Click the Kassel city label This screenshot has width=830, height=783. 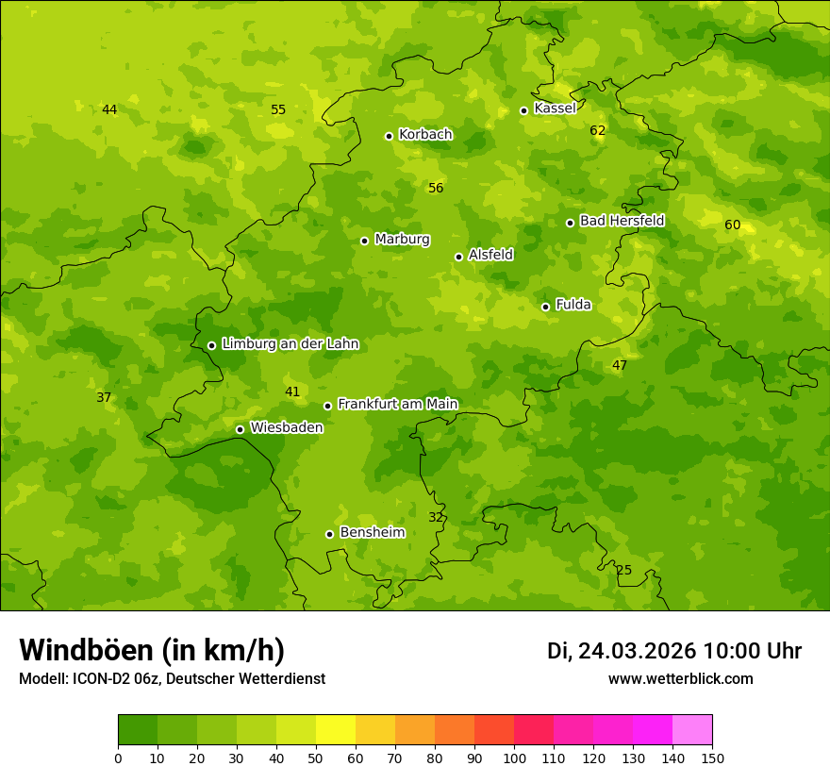[555, 108]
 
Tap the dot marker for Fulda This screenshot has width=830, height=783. [545, 307]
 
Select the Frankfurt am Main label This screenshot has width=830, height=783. [397, 405]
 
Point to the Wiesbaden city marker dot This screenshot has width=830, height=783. [240, 429]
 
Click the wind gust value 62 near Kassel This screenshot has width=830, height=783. [597, 130]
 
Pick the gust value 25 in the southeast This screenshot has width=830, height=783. [623, 570]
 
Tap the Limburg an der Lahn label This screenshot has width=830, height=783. [290, 344]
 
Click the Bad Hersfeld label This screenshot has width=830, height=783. [622, 221]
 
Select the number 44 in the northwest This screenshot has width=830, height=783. [109, 109]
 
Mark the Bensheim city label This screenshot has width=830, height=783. [372, 532]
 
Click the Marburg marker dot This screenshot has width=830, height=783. [364, 241]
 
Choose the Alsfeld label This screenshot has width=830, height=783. [490, 255]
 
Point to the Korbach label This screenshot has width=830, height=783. [425, 135]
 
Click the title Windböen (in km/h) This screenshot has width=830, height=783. [152, 650]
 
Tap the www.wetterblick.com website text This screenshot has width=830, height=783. [680, 678]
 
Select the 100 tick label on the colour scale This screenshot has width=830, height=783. [514, 758]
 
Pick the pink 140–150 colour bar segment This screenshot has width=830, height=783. [692, 730]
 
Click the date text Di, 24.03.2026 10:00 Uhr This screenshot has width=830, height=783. [673, 651]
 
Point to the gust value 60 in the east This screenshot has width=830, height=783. [732, 225]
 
